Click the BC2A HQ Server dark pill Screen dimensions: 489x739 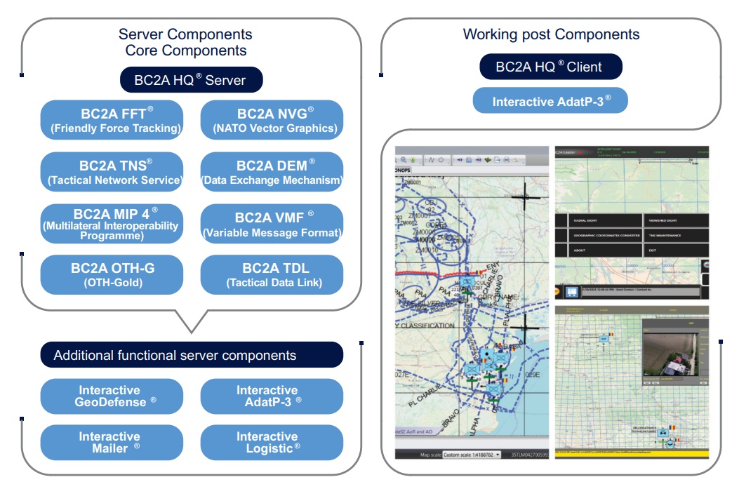click(x=191, y=79)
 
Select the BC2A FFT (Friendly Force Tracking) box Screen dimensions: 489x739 click(x=112, y=120)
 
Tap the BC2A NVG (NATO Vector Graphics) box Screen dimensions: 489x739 click(x=272, y=120)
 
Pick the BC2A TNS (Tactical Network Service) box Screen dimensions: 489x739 click(x=112, y=172)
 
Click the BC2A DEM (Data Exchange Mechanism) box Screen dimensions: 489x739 click(x=272, y=172)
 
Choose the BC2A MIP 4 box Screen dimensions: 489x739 click(x=112, y=224)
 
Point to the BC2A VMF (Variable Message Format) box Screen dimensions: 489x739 click(x=272, y=224)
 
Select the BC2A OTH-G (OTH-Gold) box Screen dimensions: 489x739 click(x=112, y=274)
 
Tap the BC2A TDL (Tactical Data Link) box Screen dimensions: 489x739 click(x=272, y=274)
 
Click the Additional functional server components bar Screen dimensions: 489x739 click(x=191, y=355)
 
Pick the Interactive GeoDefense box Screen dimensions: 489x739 click(x=112, y=396)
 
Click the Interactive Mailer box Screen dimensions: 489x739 click(x=112, y=443)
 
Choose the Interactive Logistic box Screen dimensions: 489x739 click(x=272, y=443)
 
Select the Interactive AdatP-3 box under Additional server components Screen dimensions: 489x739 click(x=272, y=396)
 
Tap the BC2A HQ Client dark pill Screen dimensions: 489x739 click(x=551, y=67)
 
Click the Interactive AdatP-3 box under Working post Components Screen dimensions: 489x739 click(x=551, y=101)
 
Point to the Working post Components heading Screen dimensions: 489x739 click(x=551, y=34)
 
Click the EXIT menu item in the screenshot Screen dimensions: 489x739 click(x=653, y=250)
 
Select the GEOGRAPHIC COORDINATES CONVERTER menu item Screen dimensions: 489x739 click(x=606, y=236)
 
